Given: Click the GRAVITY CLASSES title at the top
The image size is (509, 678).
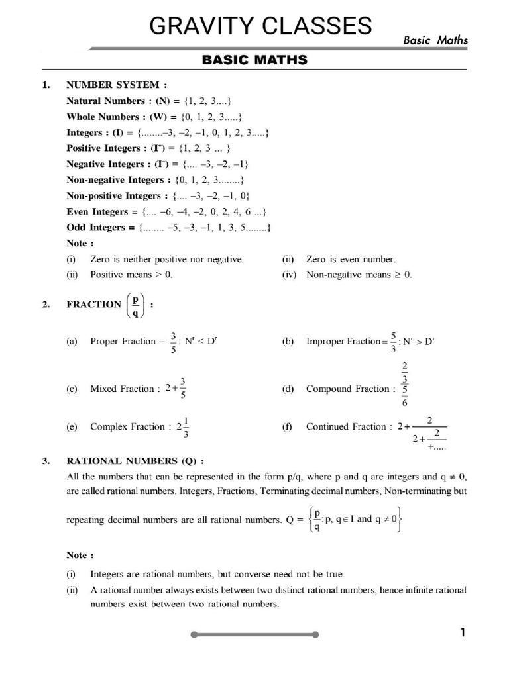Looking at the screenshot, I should [260, 26].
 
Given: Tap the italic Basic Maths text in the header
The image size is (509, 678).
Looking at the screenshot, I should [435, 40].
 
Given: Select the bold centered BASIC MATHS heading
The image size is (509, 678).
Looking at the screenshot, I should [254, 60].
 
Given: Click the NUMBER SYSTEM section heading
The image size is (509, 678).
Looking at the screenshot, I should [112, 85].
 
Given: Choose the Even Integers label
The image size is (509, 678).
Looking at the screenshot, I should [97, 212].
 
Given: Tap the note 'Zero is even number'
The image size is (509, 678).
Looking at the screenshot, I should [351, 260].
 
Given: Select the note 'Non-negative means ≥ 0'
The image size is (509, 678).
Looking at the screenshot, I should [359, 275].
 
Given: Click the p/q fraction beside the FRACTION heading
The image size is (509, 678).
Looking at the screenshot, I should [135, 305].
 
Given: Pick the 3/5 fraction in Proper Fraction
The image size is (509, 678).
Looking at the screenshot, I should [173, 342].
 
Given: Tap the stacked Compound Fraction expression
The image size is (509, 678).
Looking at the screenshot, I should [404, 384].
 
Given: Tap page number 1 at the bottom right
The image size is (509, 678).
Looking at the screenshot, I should [463, 633].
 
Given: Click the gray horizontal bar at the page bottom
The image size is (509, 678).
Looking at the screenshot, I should [254, 634].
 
